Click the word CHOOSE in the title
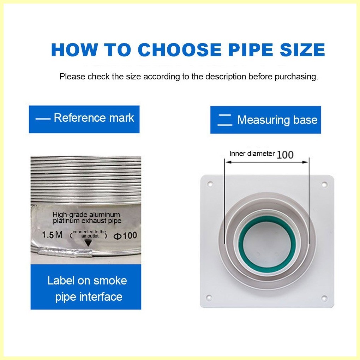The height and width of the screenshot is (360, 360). (179, 49)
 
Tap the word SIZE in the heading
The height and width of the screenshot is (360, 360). (302, 49)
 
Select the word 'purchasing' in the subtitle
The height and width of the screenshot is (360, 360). (296, 77)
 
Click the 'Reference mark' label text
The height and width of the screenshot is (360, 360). (94, 118)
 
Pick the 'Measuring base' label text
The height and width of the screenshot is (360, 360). (277, 120)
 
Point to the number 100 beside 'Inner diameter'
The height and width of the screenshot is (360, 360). (285, 155)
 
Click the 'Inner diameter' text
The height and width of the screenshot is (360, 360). (252, 154)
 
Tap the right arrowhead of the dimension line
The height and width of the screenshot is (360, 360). (305, 162)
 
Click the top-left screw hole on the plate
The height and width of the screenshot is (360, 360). (210, 184)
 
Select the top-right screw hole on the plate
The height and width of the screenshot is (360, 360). (324, 184)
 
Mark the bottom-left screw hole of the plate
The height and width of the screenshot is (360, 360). (209, 298)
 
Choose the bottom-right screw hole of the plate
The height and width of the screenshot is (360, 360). (324, 299)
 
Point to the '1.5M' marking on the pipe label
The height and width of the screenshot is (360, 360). (52, 235)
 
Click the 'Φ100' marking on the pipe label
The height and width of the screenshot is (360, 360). (125, 236)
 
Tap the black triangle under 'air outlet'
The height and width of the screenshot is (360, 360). (88, 243)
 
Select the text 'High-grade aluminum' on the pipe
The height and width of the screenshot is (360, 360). (86, 215)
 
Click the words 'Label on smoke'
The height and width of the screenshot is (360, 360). (87, 281)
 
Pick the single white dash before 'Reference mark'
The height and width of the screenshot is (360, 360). (43, 119)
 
